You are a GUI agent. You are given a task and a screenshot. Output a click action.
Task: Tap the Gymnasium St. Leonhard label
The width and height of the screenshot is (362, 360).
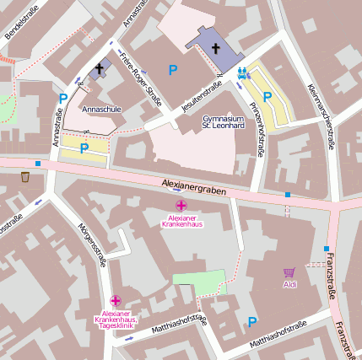[x=224, y=123]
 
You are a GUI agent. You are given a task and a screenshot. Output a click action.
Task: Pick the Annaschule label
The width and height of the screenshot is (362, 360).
[x=96, y=109]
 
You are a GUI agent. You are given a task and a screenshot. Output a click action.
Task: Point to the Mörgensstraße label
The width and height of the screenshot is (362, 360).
[x=92, y=245]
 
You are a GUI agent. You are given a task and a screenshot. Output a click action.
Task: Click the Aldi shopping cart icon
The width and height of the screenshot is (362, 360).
[x=289, y=272]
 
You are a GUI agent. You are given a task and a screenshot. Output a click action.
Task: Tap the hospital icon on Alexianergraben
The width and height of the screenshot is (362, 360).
[x=181, y=206]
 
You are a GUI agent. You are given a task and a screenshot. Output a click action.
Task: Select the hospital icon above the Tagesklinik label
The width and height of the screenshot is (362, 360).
[x=116, y=300]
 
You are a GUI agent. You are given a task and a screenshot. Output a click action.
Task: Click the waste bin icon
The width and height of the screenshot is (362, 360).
[x=24, y=177]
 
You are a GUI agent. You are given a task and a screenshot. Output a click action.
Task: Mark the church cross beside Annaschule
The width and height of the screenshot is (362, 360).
[x=99, y=68]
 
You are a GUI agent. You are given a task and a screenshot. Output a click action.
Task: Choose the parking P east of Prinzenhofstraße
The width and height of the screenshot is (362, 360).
[x=267, y=97]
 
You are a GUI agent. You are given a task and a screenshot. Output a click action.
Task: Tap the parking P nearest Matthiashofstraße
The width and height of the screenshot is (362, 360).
[x=251, y=321]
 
